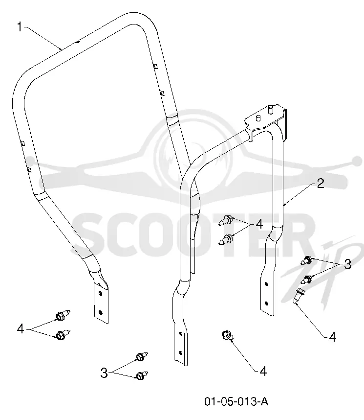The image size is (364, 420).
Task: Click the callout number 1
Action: coord(20,27)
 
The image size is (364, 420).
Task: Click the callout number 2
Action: coord(321,183)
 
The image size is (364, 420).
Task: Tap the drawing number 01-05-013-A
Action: coord(236,401)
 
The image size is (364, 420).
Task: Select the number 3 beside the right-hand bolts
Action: coord(347,264)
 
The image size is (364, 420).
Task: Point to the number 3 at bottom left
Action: coord(104,373)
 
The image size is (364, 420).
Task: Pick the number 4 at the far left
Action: coord(21,328)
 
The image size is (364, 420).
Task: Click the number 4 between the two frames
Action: coord(259,224)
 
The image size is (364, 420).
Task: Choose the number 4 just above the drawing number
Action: coord(263,371)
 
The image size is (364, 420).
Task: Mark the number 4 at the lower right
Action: coord(332,337)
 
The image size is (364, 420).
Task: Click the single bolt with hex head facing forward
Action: coord(227,335)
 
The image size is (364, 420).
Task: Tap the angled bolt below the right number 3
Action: coord(298,296)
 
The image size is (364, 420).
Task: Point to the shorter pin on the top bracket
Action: coord(258,118)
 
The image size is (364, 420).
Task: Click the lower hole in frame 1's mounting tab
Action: coord(101,312)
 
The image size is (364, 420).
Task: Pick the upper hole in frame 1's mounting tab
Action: coord(100,293)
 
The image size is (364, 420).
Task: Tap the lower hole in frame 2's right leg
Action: coord(266,303)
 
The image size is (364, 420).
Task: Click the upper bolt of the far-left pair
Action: coord(63,315)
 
